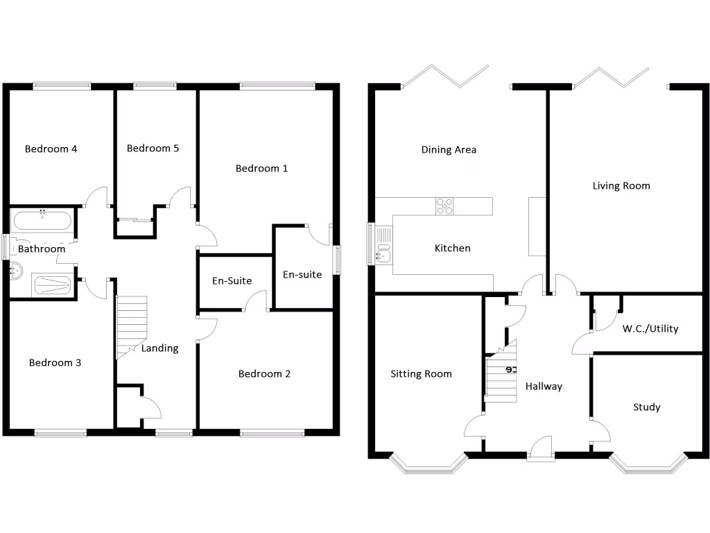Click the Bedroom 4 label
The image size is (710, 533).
coord(51,149)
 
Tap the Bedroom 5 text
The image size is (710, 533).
coord(153,149)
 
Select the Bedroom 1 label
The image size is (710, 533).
coord(261,169)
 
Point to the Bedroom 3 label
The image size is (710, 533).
coord(55,363)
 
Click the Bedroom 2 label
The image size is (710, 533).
coord(264,374)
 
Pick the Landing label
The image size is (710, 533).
coord(160,348)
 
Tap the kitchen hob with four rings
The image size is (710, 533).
coord(444,205)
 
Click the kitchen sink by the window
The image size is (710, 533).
coord(383,244)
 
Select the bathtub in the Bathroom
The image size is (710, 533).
coord(42,222)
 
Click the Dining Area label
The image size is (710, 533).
coord(449,150)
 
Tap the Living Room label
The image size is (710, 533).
coord(621,186)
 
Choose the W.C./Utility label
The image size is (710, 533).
coord(650,329)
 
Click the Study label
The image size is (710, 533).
coord(646,407)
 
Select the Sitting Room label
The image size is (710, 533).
coord(421,374)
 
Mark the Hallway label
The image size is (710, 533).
coord(544,387)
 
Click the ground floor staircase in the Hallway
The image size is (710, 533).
coord(501,375)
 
